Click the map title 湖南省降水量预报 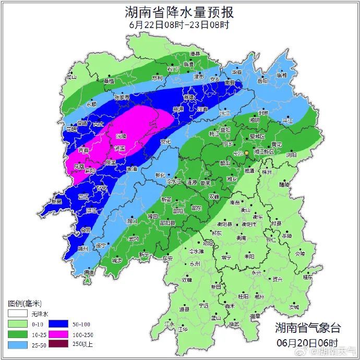tap(179, 11)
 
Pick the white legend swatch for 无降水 tap(16, 314)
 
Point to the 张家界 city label tap(122, 97)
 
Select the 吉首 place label tap(83, 150)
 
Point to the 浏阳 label tap(291, 155)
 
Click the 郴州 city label tap(259, 296)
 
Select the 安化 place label tap(165, 141)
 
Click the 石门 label tap(173, 69)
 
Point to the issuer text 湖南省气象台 tap(308, 328)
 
